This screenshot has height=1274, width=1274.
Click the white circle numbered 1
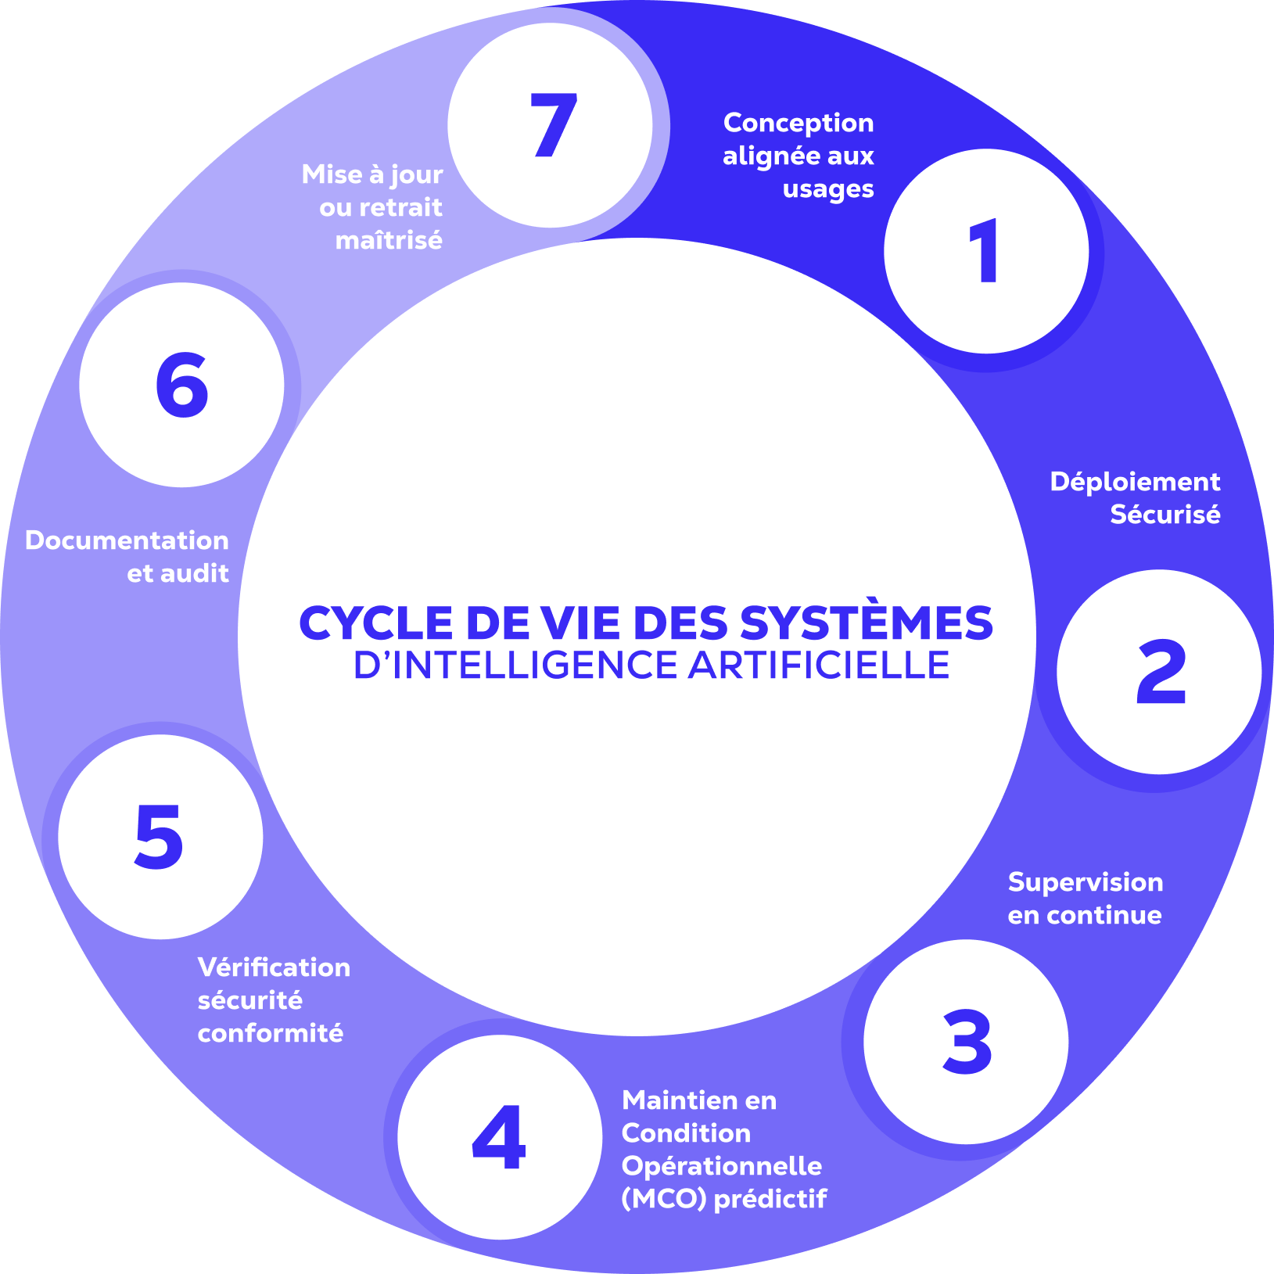(x=986, y=251)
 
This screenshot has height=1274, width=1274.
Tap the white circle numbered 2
(x=1159, y=672)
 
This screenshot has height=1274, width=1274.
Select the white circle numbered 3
(x=966, y=1042)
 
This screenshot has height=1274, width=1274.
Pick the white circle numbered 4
(x=500, y=1137)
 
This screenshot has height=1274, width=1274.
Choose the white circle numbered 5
(x=160, y=837)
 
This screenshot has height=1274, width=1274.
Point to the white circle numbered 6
(x=181, y=385)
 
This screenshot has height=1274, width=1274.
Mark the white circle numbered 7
(x=551, y=125)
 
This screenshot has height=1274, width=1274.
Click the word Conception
(x=798, y=123)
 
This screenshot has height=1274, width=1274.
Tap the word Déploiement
(x=1135, y=482)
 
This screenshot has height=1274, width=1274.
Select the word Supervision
(x=1086, y=882)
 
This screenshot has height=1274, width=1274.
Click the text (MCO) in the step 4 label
(x=664, y=1199)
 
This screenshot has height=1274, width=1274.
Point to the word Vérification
(x=274, y=967)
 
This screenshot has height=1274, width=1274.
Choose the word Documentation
(x=127, y=540)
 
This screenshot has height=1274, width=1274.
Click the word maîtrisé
(x=389, y=240)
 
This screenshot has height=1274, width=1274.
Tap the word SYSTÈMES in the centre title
(x=866, y=623)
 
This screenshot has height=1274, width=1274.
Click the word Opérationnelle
(x=722, y=1166)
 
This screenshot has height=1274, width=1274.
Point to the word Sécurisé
(x=1165, y=515)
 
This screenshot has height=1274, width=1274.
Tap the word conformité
(x=271, y=1033)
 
